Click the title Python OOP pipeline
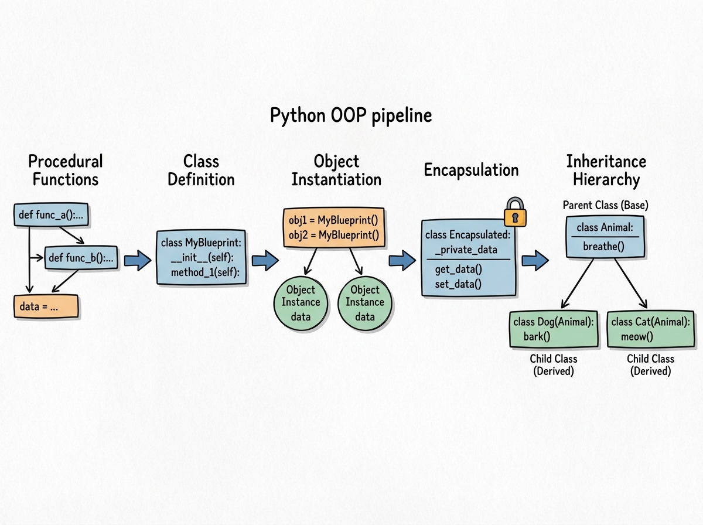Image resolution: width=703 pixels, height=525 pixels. point(350,115)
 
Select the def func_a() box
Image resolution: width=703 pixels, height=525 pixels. point(52,215)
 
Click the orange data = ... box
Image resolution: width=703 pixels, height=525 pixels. point(46,306)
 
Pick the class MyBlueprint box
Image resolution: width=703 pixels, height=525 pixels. point(201,257)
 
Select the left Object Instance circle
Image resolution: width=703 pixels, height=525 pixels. point(301,302)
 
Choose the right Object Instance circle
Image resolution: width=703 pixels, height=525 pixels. point(365,302)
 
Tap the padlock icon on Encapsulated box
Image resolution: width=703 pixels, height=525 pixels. point(515,213)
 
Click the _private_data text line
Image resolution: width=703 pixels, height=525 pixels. point(466,250)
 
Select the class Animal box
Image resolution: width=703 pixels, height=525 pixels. point(605,236)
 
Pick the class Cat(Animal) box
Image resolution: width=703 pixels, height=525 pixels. point(650,329)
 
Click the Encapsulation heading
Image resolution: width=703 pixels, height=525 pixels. point(471,171)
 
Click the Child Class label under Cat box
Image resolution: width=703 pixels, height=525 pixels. point(650,359)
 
